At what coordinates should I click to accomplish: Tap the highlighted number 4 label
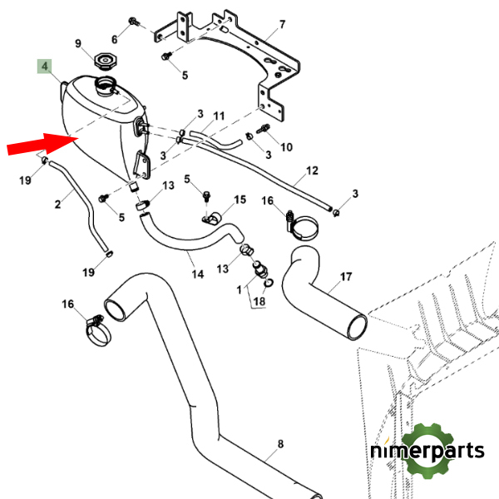point(46,66)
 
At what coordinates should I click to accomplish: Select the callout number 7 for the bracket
point(282,24)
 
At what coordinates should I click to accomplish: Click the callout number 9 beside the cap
point(79,44)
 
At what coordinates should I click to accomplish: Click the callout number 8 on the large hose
point(280,445)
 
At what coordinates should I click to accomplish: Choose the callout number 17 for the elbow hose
point(346,276)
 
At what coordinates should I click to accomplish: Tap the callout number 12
point(312,171)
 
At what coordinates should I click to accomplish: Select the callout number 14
point(198,274)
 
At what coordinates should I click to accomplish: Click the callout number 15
point(240,200)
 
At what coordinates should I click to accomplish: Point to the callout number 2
point(58,204)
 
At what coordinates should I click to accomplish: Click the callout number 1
point(240,289)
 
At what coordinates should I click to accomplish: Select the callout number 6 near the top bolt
point(115,39)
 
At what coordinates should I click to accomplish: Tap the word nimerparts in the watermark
point(427,452)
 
